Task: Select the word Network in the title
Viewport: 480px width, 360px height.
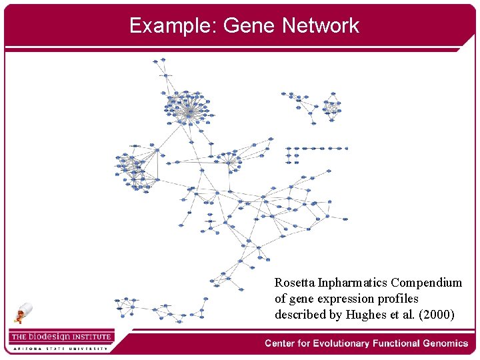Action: pyautogui.click(x=320, y=25)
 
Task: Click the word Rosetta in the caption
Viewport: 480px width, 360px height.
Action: pyautogui.click(x=294, y=283)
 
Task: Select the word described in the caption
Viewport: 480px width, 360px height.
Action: pyautogui.click(x=299, y=315)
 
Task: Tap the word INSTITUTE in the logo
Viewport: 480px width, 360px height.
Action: pyautogui.click(x=91, y=337)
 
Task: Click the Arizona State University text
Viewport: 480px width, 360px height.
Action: pyautogui.click(x=60, y=348)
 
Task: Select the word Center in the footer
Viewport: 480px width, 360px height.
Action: pyautogui.click(x=281, y=343)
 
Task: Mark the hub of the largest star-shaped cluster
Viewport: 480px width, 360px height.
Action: pyautogui.click(x=189, y=113)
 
